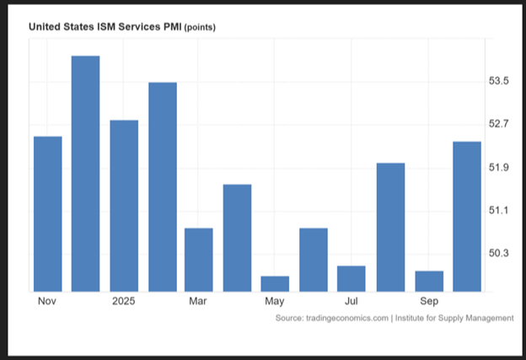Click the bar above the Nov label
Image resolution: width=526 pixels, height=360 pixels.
[x=47, y=214]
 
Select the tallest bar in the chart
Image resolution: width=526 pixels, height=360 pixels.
[x=85, y=174]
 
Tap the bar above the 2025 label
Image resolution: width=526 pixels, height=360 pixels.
[x=124, y=206]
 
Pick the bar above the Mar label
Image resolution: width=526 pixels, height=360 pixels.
[x=199, y=260]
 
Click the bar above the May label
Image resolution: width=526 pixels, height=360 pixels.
[x=275, y=284]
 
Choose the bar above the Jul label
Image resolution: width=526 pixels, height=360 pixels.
[x=352, y=279]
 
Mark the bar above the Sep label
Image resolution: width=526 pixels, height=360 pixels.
[x=429, y=282]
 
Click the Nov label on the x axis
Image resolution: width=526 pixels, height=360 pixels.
[x=47, y=302]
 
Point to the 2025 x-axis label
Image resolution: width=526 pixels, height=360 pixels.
[x=124, y=302]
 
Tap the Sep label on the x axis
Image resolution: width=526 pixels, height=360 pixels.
[x=429, y=302]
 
